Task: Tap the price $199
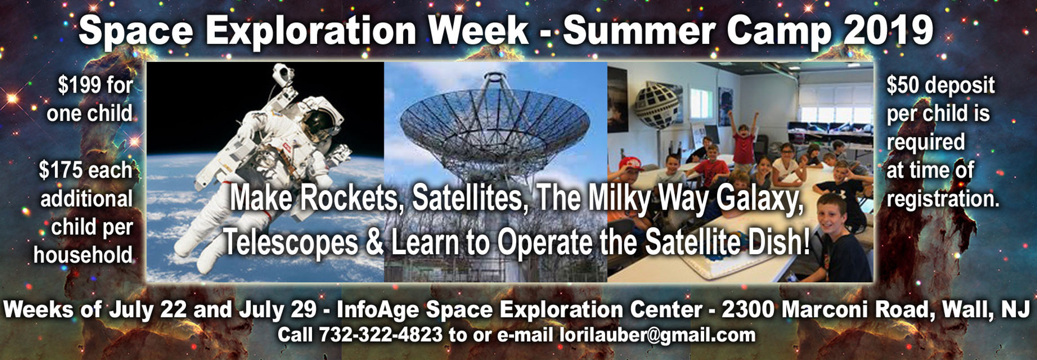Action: point(79,85)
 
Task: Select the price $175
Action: point(60,170)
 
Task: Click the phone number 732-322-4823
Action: point(381,335)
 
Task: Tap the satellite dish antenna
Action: point(495,121)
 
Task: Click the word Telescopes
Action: point(291,242)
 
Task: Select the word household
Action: point(83,255)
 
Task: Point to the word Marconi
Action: point(826,309)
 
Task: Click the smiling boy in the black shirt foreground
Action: point(841,242)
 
